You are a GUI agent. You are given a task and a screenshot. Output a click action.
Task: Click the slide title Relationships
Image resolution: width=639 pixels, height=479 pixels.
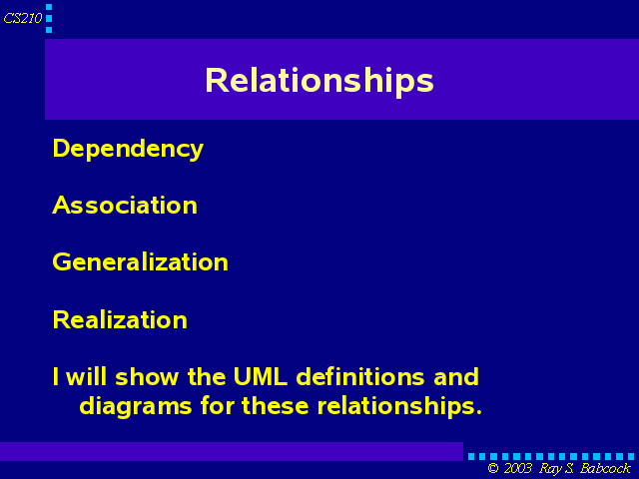[x=319, y=81]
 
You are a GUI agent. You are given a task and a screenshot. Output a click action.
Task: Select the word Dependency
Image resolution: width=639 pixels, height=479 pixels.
[x=128, y=149]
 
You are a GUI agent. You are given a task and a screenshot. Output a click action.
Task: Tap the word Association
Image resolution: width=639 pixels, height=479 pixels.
[x=125, y=205]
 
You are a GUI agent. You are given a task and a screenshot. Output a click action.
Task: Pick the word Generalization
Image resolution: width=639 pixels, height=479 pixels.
[x=140, y=261]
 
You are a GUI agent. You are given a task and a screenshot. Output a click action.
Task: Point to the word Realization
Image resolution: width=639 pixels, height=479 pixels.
[x=120, y=319]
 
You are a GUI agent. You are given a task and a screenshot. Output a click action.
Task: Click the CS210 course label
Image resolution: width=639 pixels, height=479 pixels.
[x=23, y=18]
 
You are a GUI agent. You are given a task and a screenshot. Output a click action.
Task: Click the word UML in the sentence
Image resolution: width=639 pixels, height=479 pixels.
[x=260, y=377]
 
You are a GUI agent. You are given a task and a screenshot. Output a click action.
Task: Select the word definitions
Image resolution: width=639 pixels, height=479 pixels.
[x=359, y=377]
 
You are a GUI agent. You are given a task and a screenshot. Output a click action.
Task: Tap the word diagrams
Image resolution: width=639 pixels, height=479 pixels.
[x=136, y=407]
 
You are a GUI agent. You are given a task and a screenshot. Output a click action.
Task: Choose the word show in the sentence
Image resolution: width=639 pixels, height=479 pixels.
[x=147, y=377]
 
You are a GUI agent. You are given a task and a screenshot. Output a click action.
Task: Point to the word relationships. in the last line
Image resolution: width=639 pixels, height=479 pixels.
[x=399, y=406]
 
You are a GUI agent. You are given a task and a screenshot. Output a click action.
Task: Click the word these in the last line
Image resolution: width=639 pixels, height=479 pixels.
[x=276, y=406]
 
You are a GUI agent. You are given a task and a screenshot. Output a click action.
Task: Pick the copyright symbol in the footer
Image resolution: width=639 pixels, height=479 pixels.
[x=493, y=468]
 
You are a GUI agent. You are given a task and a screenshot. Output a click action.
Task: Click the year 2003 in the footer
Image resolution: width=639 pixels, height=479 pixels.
[x=518, y=468]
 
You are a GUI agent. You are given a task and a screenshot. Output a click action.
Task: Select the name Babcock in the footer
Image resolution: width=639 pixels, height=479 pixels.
[x=605, y=468]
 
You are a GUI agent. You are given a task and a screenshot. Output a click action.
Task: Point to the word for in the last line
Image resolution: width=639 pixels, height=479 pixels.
[x=218, y=406]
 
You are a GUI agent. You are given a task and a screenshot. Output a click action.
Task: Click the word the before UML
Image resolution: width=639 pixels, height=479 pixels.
[x=207, y=377]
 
